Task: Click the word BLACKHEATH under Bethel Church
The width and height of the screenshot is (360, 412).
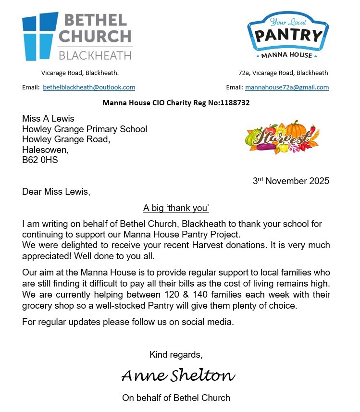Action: [x=95, y=55]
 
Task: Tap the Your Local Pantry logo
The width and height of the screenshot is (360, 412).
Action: [x=287, y=36]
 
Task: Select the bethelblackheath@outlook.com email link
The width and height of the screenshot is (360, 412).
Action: [x=89, y=87]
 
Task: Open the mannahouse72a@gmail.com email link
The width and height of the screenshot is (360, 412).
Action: [x=287, y=87]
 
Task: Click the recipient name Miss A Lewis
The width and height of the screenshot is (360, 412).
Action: [x=48, y=119]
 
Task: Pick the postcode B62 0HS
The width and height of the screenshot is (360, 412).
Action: [x=40, y=160]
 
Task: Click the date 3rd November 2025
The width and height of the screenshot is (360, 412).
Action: [x=291, y=181]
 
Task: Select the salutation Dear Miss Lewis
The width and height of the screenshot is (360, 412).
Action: [x=56, y=192]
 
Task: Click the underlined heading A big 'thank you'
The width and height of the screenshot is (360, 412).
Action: [x=176, y=208]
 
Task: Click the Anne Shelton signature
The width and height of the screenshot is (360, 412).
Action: [x=178, y=375]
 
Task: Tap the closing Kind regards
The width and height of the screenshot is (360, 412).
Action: [x=176, y=355]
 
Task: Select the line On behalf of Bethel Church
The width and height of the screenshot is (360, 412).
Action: [x=176, y=398]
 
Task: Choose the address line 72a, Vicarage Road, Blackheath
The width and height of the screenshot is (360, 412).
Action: [x=283, y=73]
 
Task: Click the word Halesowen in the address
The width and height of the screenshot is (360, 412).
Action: [x=45, y=150]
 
